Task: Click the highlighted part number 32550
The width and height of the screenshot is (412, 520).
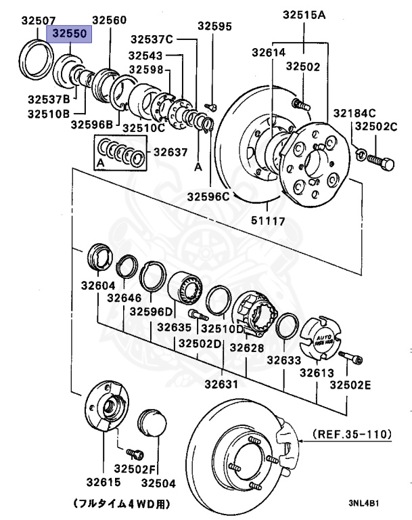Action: coord(68,32)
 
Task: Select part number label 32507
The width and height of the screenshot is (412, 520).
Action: coord(39,21)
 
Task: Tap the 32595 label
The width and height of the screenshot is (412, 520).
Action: coord(214,26)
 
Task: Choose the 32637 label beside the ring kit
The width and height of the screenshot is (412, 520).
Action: coord(170,152)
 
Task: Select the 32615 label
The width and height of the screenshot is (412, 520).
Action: coord(103,483)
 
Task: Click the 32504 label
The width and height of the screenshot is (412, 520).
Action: coord(158,483)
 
